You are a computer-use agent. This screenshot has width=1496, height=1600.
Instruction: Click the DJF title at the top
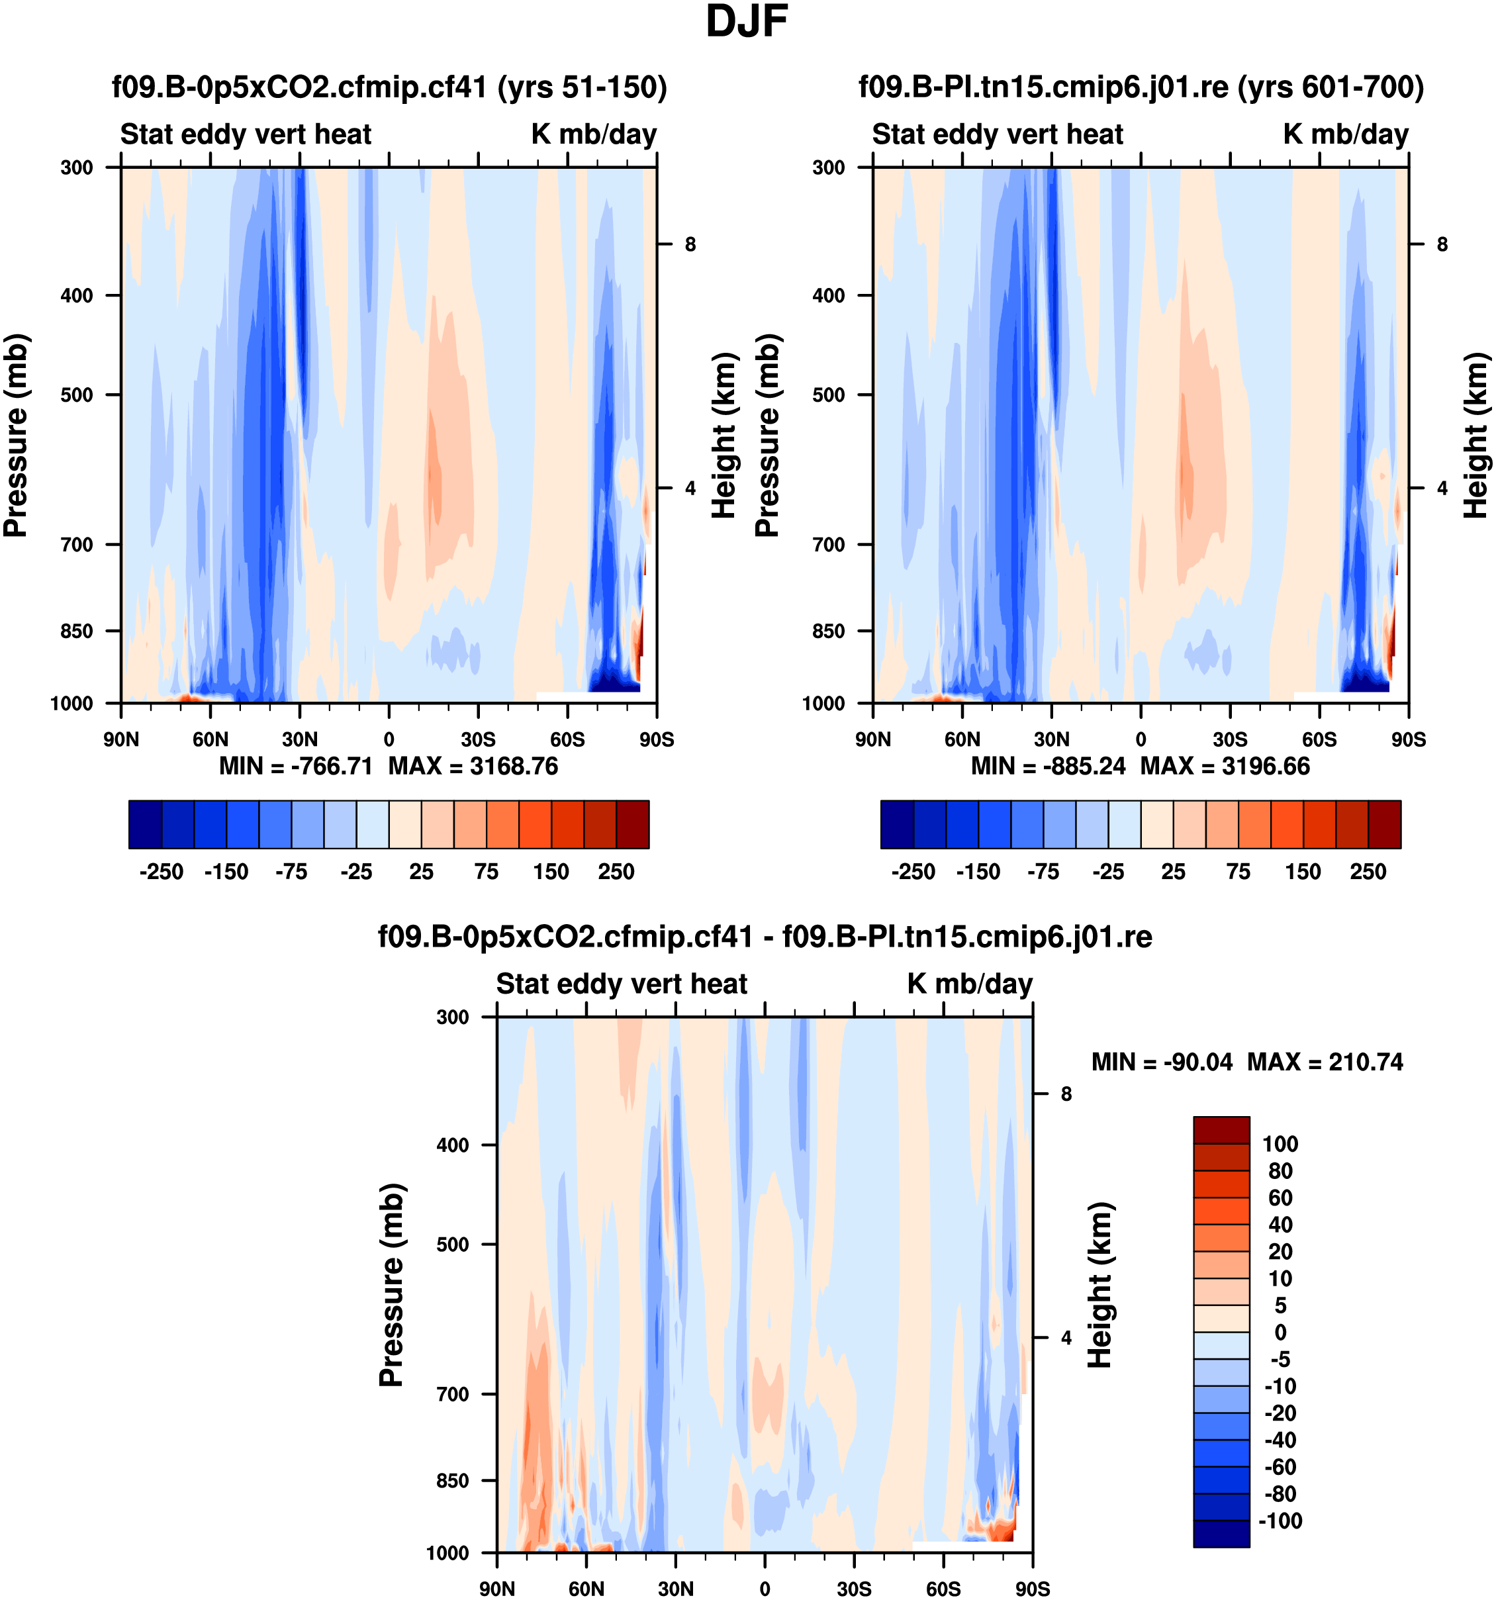[746, 23]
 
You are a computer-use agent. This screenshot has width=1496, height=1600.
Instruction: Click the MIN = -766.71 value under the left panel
[295, 766]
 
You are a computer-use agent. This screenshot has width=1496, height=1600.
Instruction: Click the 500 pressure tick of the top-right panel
[828, 395]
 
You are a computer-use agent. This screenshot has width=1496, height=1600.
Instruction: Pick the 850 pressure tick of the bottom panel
[452, 1481]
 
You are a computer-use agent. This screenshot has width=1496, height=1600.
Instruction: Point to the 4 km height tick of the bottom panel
[1066, 1338]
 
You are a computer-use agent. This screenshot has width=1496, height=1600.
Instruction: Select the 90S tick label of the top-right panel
[1408, 739]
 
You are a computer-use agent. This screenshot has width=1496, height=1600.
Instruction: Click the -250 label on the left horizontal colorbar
[161, 872]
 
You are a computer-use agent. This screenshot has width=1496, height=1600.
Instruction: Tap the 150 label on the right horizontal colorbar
[1303, 872]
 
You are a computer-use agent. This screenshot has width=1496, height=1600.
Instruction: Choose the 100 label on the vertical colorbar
[1280, 1145]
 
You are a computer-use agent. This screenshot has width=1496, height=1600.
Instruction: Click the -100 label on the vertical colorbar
[1280, 1521]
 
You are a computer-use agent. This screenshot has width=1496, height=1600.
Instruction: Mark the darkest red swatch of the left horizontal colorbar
[633, 824]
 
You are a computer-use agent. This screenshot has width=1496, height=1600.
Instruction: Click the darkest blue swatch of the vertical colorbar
[1221, 1534]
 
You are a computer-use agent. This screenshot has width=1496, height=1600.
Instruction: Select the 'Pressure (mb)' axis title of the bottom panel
[391, 1286]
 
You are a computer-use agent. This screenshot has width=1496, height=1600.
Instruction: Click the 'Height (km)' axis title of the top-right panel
[1476, 436]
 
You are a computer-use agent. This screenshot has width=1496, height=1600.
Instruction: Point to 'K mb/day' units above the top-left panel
[594, 134]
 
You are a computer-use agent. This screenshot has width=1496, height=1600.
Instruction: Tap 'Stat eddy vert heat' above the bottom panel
[622, 984]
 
